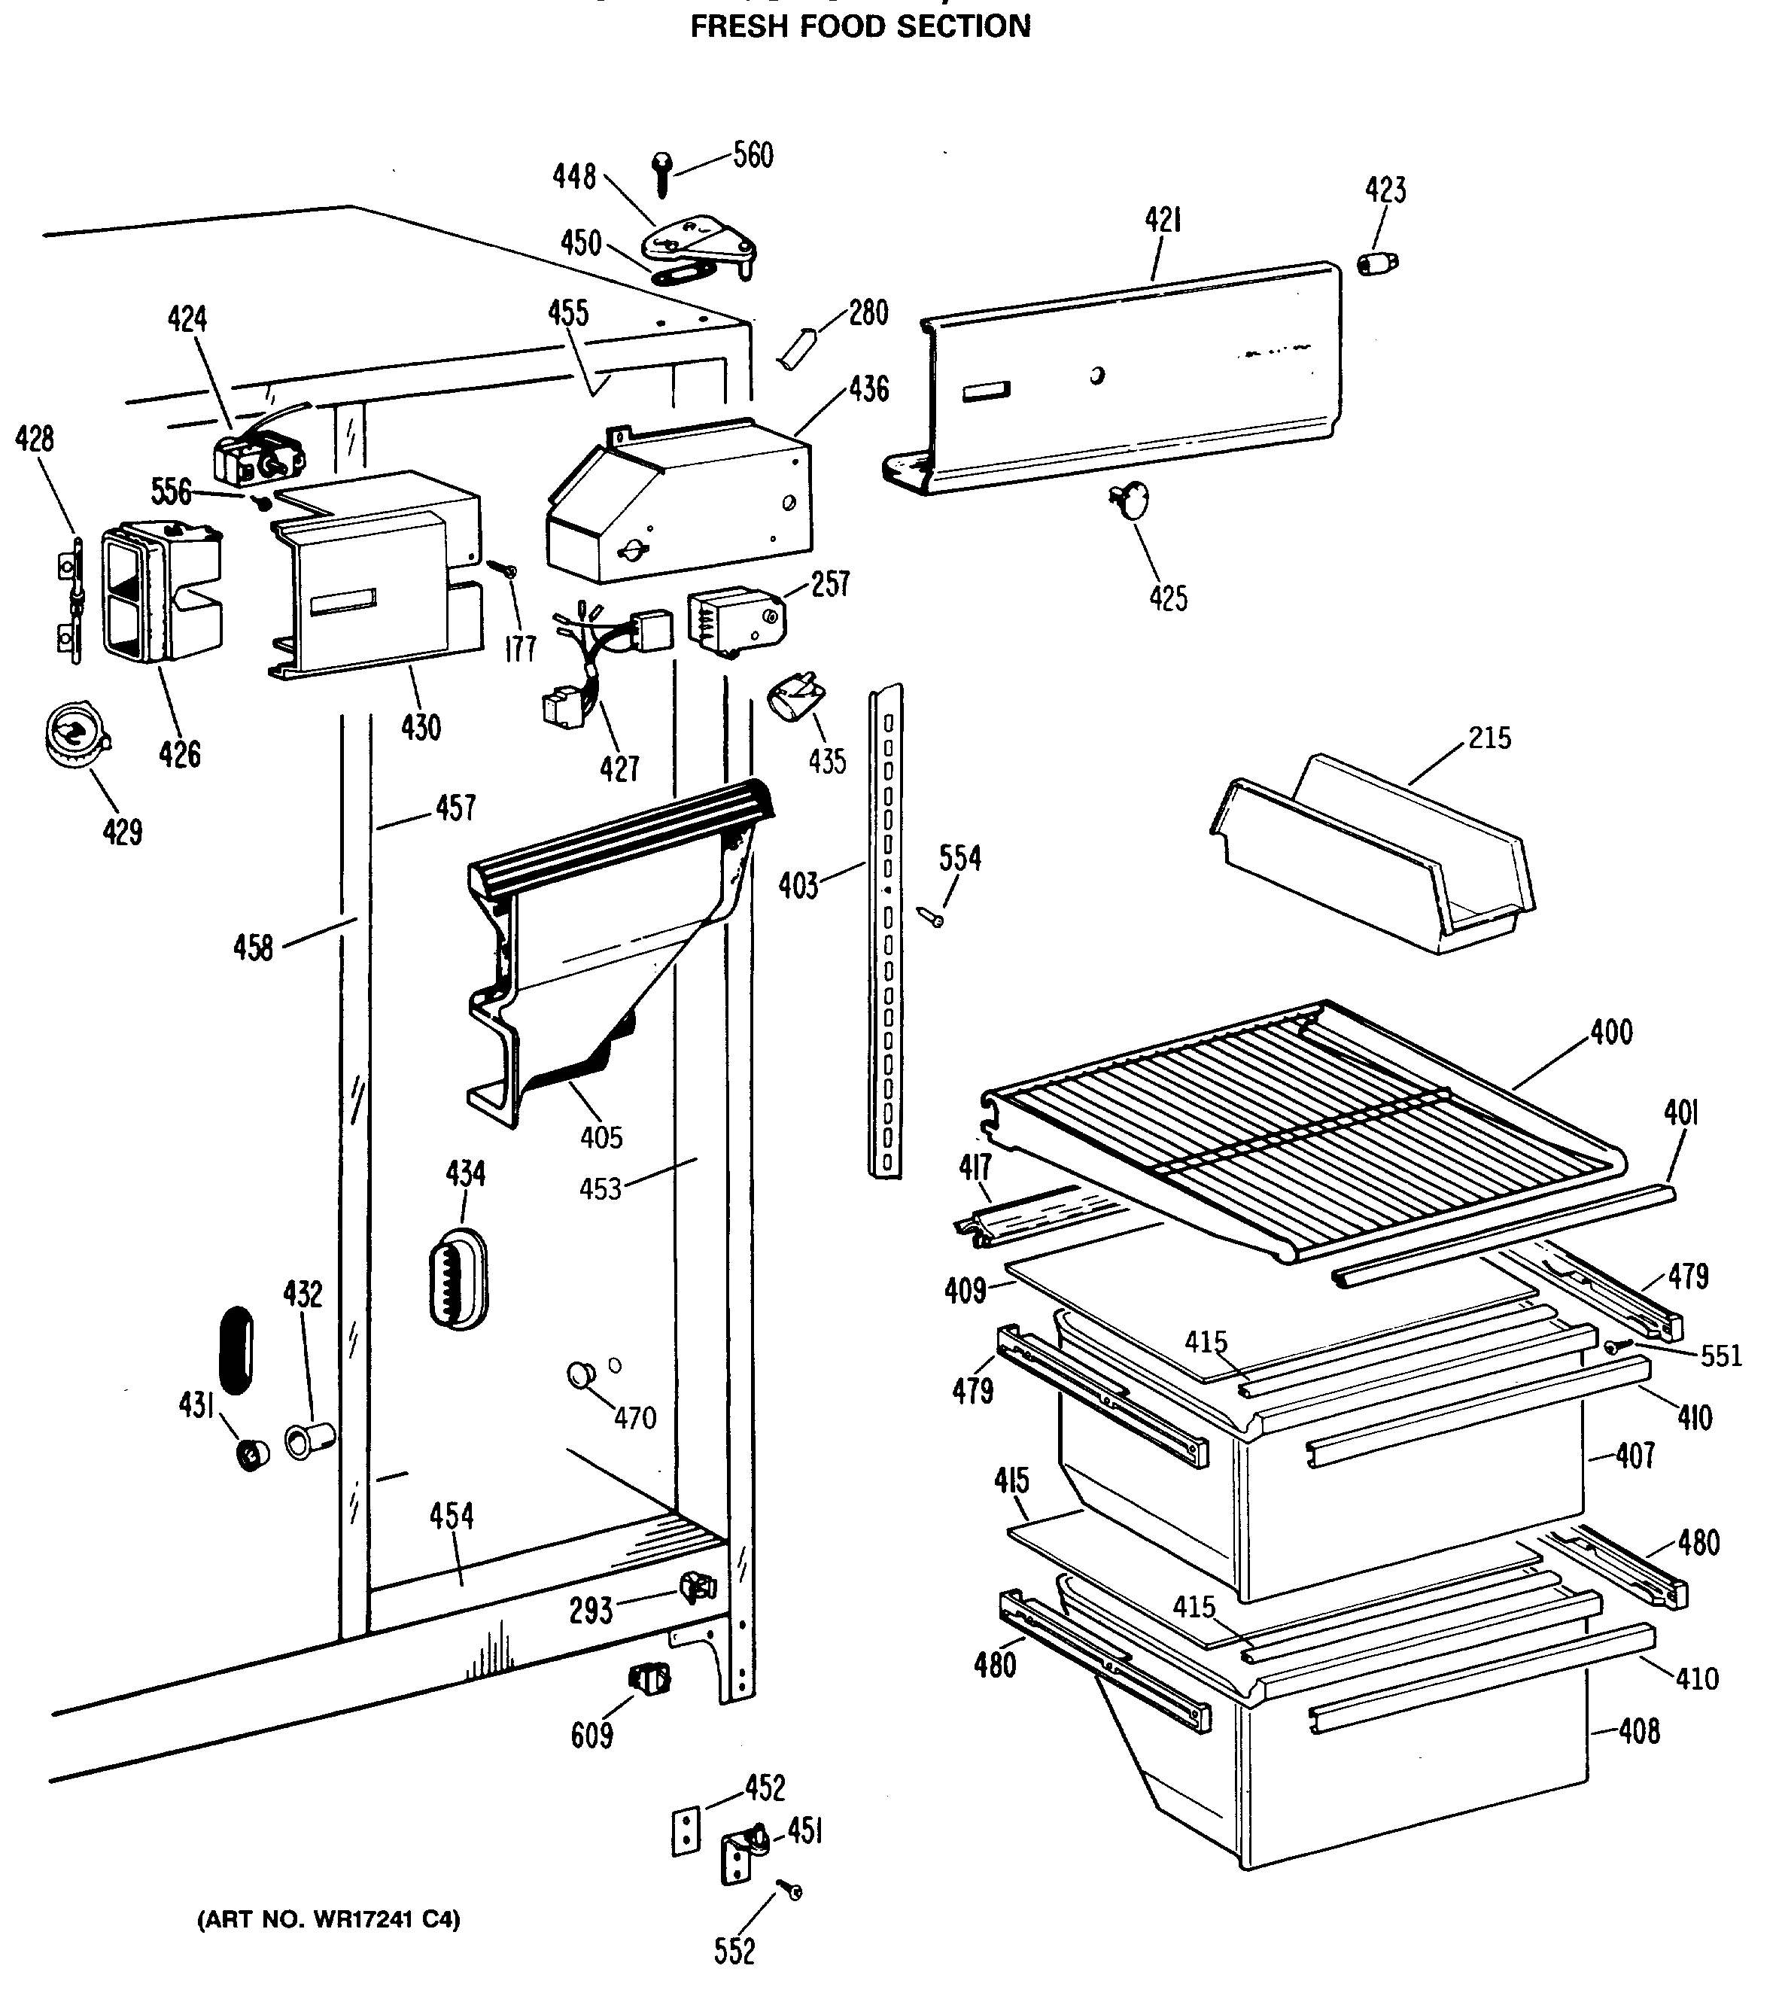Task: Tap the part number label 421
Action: [x=1163, y=221]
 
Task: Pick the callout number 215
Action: [x=1489, y=738]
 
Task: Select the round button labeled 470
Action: [x=582, y=1375]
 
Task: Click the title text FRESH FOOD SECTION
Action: [x=861, y=26]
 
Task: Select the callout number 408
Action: [x=1639, y=1732]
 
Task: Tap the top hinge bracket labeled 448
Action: [x=697, y=240]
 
